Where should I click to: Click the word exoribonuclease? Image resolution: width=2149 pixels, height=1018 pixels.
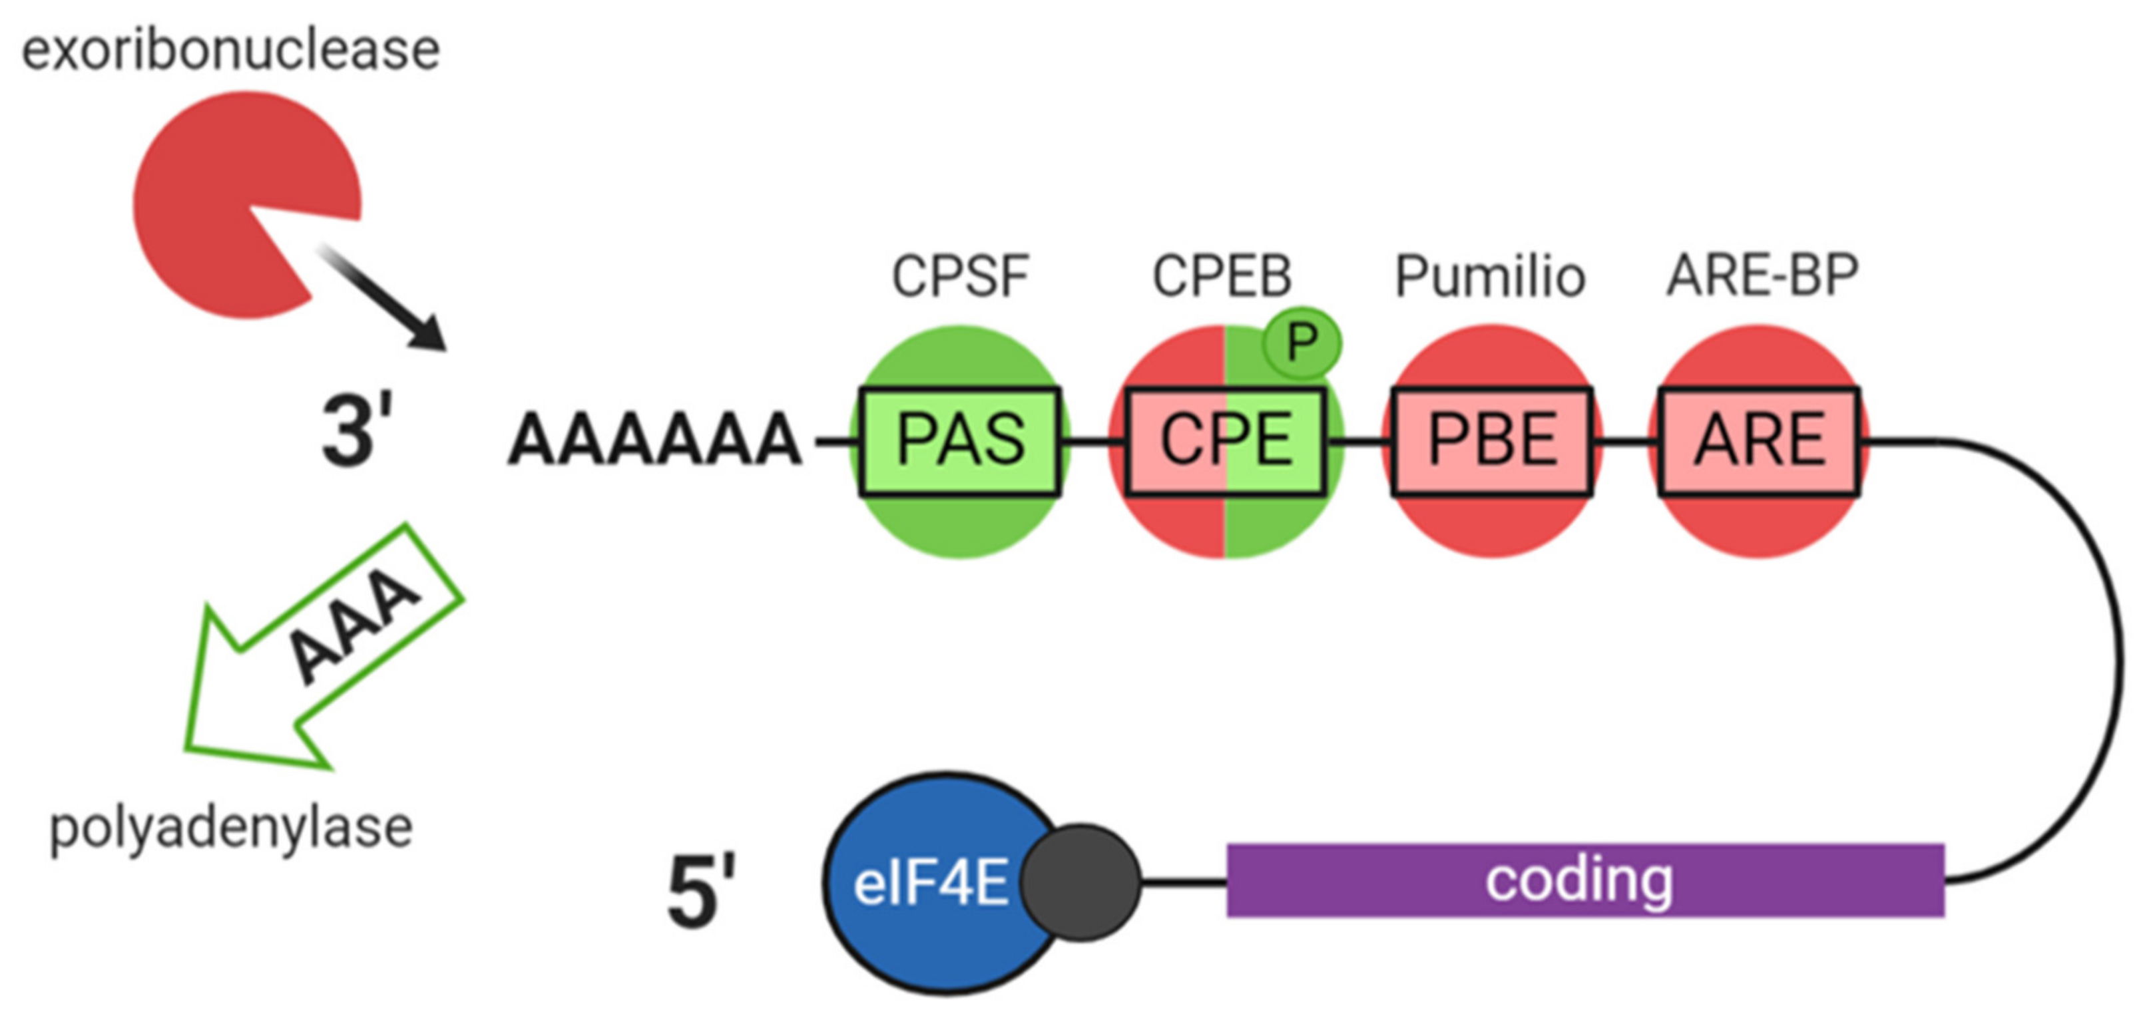(230, 50)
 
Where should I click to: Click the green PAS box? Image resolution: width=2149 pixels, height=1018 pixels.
(959, 441)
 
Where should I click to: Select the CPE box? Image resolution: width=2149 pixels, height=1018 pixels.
(1226, 441)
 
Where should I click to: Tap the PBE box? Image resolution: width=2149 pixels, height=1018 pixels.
(1492, 441)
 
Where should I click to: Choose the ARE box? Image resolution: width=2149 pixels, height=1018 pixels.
(1759, 441)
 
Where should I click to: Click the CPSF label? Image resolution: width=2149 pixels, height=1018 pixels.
(959, 276)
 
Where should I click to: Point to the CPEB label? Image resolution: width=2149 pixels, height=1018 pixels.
(1222, 276)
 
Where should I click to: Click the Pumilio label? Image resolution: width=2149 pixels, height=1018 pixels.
(1491, 276)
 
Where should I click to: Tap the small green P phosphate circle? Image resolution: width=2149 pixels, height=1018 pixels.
(1302, 343)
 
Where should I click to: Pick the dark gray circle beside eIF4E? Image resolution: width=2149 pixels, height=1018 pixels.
(1081, 883)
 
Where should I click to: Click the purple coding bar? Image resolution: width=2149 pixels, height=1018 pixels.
(1585, 881)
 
